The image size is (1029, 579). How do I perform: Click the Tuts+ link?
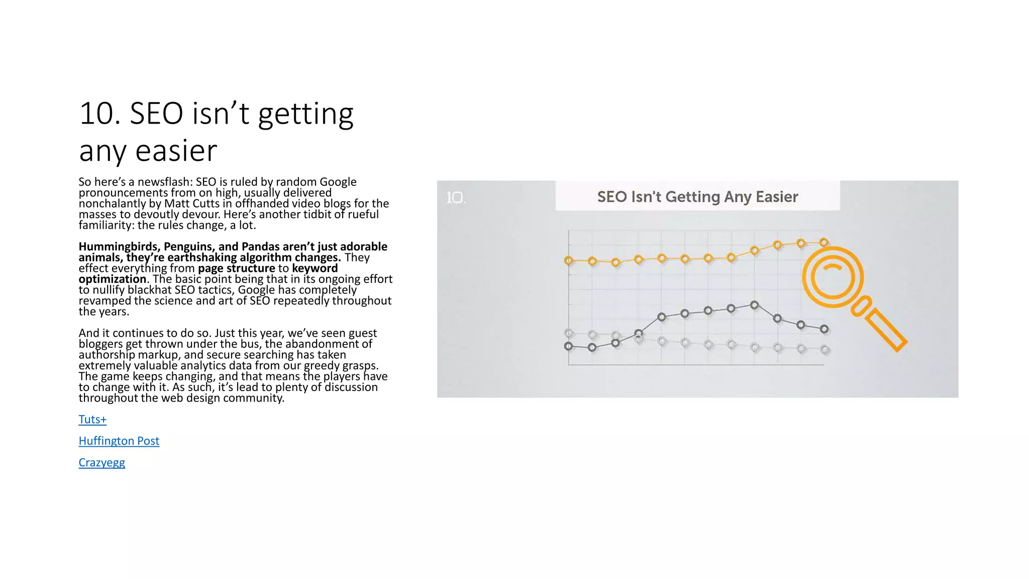coord(92,420)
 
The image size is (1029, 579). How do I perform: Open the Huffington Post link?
coord(119,441)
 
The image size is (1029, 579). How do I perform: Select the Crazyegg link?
coord(101,463)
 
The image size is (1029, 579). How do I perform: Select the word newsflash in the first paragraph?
coord(165,182)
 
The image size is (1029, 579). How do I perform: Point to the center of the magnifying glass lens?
coord(832,277)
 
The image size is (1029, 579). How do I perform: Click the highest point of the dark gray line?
coord(754,305)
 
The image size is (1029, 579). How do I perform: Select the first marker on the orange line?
coord(568,260)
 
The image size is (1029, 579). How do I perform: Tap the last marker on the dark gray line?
coord(824,329)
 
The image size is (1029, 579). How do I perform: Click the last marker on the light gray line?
coord(824,349)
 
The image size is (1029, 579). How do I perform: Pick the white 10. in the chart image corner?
coord(456,198)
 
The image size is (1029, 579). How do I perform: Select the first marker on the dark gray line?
coord(568,346)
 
